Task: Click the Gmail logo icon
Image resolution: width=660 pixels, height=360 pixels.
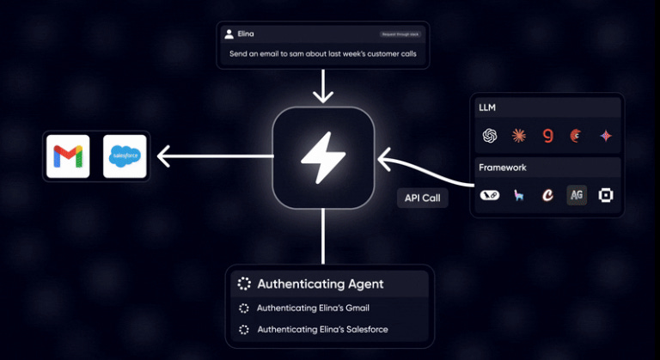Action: click(x=68, y=156)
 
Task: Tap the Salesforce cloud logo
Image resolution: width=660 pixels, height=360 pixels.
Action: click(x=125, y=156)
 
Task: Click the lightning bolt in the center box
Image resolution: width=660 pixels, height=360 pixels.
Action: click(x=323, y=156)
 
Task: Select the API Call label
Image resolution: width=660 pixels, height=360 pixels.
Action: click(x=422, y=198)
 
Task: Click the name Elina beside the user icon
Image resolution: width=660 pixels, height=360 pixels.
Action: click(x=246, y=34)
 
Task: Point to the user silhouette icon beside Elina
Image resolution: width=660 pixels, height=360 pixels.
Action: click(x=229, y=34)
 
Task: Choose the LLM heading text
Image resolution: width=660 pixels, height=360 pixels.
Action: click(x=489, y=107)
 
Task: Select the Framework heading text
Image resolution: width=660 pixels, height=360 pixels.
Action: click(x=504, y=167)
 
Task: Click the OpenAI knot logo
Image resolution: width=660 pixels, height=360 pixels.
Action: click(x=491, y=136)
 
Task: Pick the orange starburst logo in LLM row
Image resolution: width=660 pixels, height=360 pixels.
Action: click(x=518, y=136)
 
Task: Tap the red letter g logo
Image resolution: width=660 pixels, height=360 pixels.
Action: click(x=547, y=136)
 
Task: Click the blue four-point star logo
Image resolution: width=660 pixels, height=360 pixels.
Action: click(x=606, y=136)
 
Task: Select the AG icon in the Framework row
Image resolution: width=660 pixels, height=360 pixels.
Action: click(x=577, y=195)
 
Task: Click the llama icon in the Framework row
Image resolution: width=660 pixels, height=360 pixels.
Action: click(x=518, y=196)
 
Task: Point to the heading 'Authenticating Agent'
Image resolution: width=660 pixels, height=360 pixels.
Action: click(x=320, y=284)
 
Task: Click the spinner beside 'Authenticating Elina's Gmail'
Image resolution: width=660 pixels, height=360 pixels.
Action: click(x=243, y=308)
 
